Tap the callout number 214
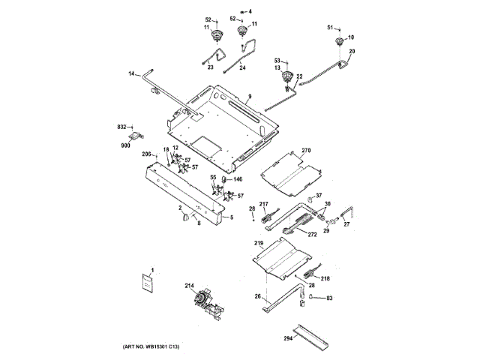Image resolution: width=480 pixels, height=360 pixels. (x=190, y=286)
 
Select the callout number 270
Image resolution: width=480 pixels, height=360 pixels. (x=305, y=151)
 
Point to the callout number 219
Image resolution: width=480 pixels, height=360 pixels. (x=259, y=244)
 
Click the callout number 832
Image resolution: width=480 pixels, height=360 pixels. (x=121, y=128)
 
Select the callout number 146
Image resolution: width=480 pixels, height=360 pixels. (x=237, y=180)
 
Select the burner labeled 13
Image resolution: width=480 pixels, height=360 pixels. (x=286, y=77)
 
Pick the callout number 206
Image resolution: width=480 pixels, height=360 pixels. (x=148, y=154)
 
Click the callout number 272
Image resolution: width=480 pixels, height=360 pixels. (x=310, y=234)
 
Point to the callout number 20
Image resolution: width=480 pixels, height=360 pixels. (x=352, y=51)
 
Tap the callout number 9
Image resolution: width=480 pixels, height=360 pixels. (x=249, y=97)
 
